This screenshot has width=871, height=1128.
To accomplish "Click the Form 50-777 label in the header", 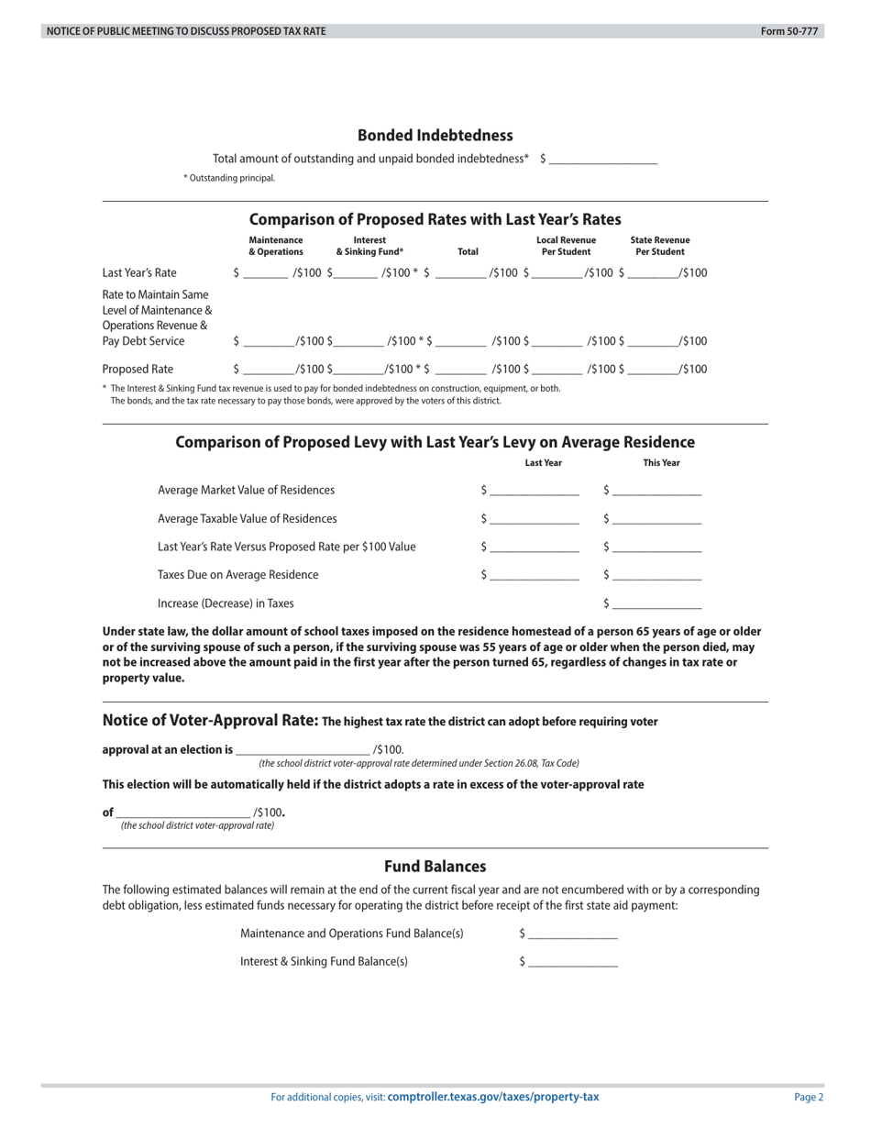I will point(788,31).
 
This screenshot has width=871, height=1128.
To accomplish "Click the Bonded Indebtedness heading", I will point(435,136).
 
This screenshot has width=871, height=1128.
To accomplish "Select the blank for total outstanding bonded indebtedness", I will point(602,160).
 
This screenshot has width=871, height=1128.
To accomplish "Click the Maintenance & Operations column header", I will point(275,246).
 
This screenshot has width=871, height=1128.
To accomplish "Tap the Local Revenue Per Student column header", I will point(566,246).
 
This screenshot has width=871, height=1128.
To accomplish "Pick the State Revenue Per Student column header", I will point(659,246).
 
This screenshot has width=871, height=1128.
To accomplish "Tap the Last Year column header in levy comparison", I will point(543,463).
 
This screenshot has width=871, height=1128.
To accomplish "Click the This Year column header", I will point(661,463).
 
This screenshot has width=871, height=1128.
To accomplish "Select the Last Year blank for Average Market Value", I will point(534,491).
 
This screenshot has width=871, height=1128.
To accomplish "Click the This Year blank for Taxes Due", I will point(656,576).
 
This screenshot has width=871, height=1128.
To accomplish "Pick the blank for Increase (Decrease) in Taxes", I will point(656,604).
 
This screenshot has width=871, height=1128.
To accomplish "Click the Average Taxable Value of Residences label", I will point(247,519).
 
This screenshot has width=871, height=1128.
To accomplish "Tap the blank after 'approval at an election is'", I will point(303,750).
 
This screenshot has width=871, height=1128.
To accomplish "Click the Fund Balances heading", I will point(435,867).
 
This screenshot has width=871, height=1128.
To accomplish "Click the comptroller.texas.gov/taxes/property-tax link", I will point(493,1097).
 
